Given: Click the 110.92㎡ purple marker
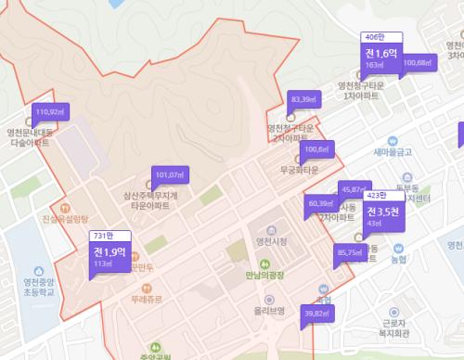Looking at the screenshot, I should point(49,111).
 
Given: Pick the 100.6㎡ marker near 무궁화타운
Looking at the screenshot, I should point(316,148).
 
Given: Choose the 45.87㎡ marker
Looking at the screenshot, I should point(354,187).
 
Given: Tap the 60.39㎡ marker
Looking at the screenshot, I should point(320,203).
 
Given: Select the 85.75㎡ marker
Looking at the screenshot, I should point(349,251).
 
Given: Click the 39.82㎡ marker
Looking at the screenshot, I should point(318,314).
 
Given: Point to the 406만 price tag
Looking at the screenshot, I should point(374,37).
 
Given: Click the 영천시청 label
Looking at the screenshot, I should point(271,242).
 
